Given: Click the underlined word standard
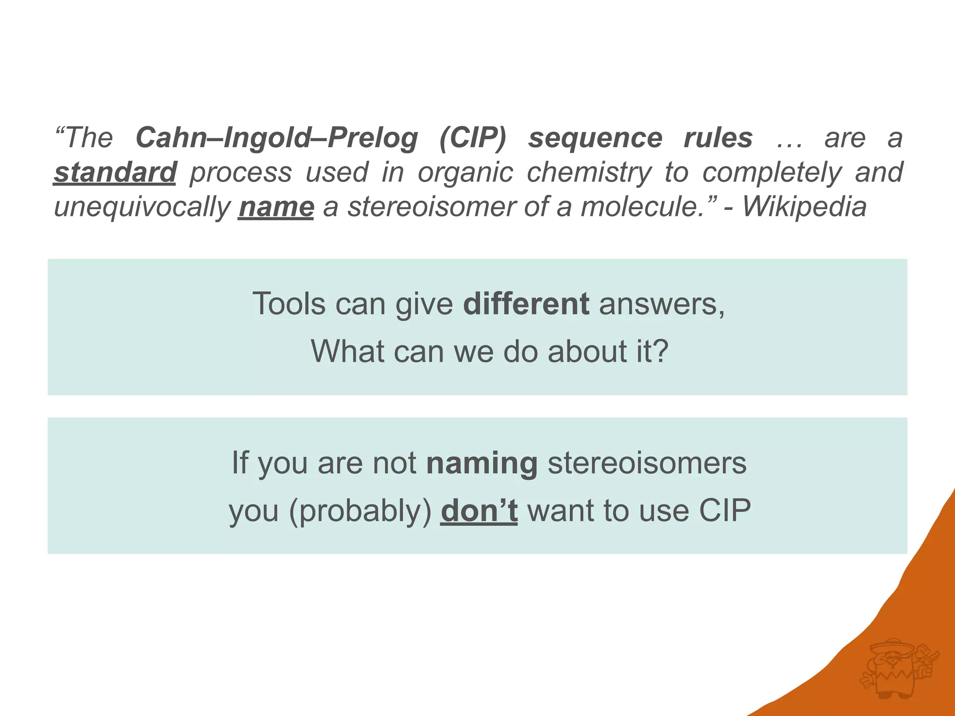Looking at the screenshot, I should click(115, 172).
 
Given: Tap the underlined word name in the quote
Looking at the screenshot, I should click(276, 207).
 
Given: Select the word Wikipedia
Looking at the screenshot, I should click(804, 207).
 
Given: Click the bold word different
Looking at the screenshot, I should click(526, 304).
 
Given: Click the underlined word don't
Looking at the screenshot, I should click(479, 510).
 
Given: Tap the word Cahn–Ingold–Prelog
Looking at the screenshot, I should click(277, 138).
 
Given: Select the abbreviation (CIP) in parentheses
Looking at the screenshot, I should click(472, 138).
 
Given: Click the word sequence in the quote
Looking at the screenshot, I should click(595, 138).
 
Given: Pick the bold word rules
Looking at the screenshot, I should click(718, 138).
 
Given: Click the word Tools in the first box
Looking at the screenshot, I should click(289, 304).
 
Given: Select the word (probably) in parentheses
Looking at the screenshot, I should click(360, 511).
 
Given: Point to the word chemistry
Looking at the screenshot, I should click(588, 172).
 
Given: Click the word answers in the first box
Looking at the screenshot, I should click(661, 304).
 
